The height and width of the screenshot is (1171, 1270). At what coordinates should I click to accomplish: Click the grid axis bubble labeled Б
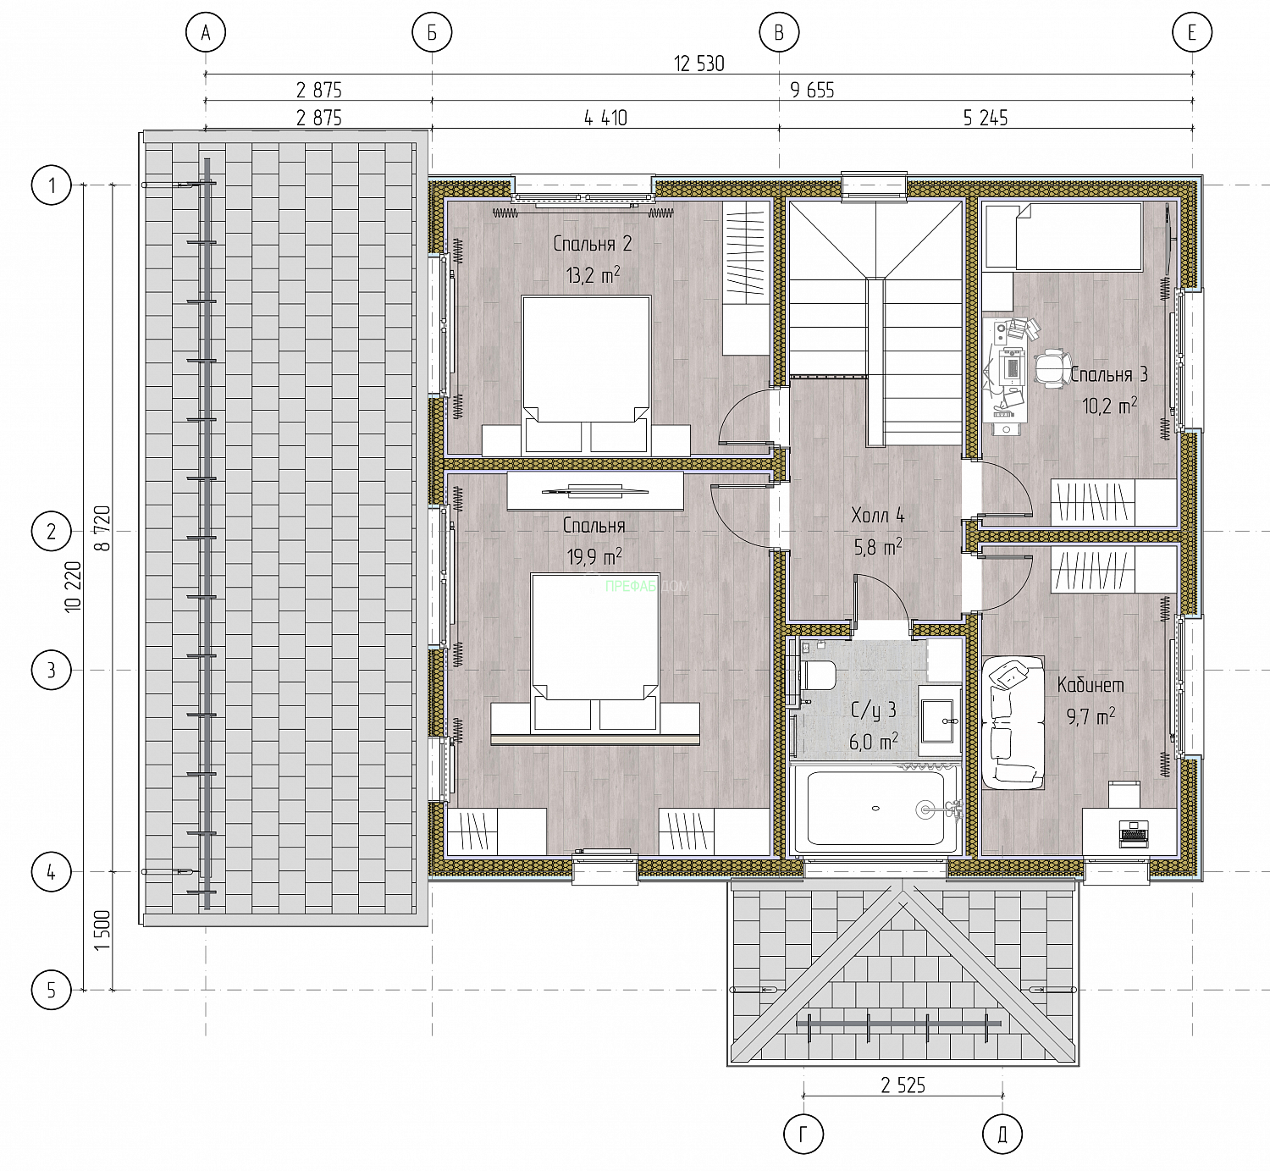click(432, 32)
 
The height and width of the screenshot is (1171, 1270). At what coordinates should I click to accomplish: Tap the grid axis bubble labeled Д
click(1002, 1135)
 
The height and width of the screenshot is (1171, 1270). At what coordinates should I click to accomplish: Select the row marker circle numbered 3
click(51, 671)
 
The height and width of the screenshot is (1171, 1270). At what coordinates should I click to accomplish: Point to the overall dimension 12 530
click(699, 64)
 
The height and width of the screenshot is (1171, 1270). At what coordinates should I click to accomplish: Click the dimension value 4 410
click(605, 119)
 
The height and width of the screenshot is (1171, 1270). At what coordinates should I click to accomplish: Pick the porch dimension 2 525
click(903, 1085)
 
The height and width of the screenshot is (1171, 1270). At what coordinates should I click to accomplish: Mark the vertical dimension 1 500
click(102, 931)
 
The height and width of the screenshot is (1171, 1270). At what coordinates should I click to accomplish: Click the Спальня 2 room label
click(592, 244)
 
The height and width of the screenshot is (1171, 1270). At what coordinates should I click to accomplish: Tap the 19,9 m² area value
click(594, 557)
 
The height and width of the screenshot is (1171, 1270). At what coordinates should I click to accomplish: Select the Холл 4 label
click(878, 516)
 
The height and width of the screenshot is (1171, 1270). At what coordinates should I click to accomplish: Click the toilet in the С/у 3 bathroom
click(817, 676)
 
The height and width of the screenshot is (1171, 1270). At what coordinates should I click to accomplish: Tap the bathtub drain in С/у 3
click(876, 809)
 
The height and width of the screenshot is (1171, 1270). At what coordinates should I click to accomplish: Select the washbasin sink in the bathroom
click(939, 720)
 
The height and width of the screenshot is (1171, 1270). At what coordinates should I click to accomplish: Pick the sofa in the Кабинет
click(1013, 722)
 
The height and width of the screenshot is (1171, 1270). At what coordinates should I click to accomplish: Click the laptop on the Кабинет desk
click(1133, 834)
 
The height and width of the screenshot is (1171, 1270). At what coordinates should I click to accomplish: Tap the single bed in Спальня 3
click(1063, 236)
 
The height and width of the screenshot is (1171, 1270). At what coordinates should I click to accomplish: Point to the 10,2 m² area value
click(1109, 406)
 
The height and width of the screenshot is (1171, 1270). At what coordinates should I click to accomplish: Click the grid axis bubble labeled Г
click(803, 1135)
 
